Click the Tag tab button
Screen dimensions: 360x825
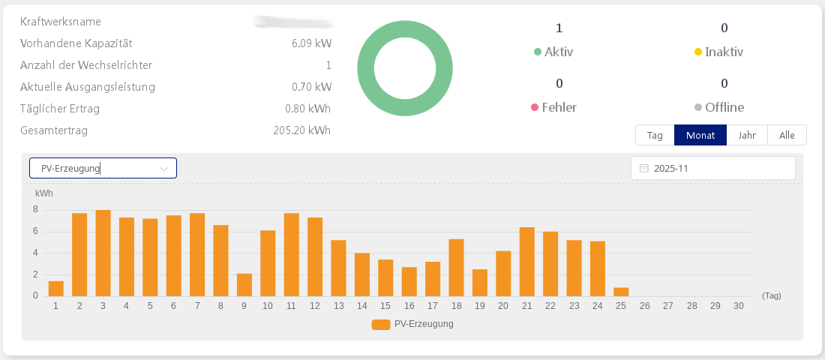coord(655,135)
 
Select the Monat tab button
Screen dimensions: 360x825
coord(700,135)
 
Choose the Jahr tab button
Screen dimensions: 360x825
coord(747,135)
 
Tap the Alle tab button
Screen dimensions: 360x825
coord(787,135)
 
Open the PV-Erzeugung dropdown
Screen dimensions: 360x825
coord(103,168)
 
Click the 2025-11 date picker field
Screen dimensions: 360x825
coord(712,168)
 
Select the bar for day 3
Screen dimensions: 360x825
coord(103,253)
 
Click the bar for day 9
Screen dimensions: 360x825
coord(244,285)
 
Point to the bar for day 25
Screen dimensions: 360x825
coord(621,292)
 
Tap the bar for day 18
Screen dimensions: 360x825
coord(456,268)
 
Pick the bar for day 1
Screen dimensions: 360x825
coord(55,289)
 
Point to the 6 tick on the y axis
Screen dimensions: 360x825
coord(35,231)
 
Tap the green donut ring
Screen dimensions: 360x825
coord(366,69)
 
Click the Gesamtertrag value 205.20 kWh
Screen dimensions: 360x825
coord(302,130)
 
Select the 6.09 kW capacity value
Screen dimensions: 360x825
coord(311,44)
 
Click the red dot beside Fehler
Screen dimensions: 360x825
coord(535,107)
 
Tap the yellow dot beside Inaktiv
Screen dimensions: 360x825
coord(698,52)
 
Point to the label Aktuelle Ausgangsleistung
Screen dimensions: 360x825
coord(88,87)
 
